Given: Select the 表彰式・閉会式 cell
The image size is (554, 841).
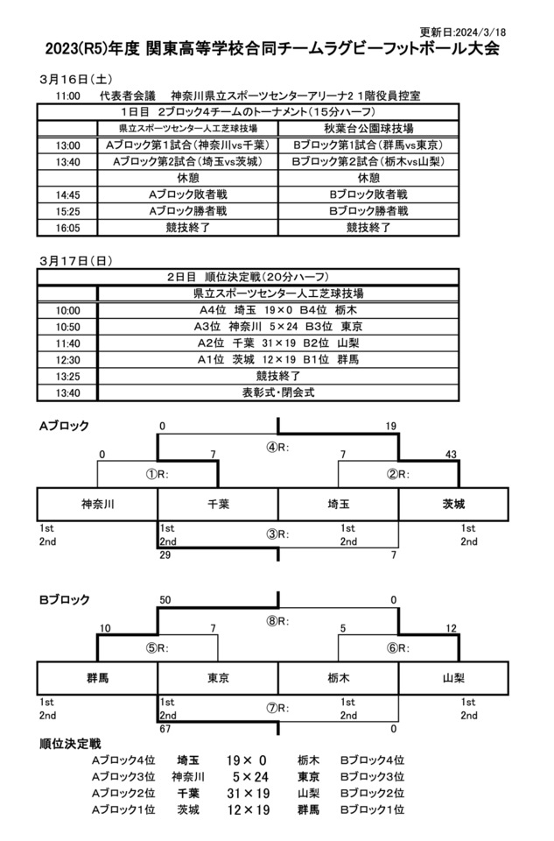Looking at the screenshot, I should coord(278,393).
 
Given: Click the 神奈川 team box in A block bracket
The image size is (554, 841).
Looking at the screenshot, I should coord(97,505).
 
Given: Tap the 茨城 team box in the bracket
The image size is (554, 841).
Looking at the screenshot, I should coord(453,505).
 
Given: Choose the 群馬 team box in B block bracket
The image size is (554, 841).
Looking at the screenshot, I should coord(97,678).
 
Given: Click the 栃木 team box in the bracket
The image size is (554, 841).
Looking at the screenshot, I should coord(339,678).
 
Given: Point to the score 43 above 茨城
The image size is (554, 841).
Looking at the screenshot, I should coord(451,454).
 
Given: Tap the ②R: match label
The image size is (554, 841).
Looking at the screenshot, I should coord(398,475).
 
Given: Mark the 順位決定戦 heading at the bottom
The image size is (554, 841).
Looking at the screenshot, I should coord(70,744).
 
